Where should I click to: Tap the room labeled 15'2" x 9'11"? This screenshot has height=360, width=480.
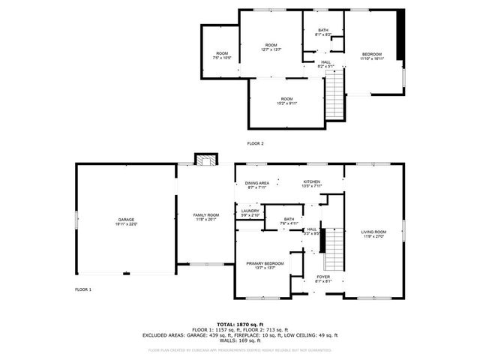[x=286, y=100]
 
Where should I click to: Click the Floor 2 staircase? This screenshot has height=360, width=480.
[x=334, y=91]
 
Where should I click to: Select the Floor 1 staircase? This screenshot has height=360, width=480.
[x=333, y=250]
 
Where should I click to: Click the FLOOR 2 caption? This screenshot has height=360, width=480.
[x=256, y=143]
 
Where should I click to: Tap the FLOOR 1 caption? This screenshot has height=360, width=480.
[x=83, y=289]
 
